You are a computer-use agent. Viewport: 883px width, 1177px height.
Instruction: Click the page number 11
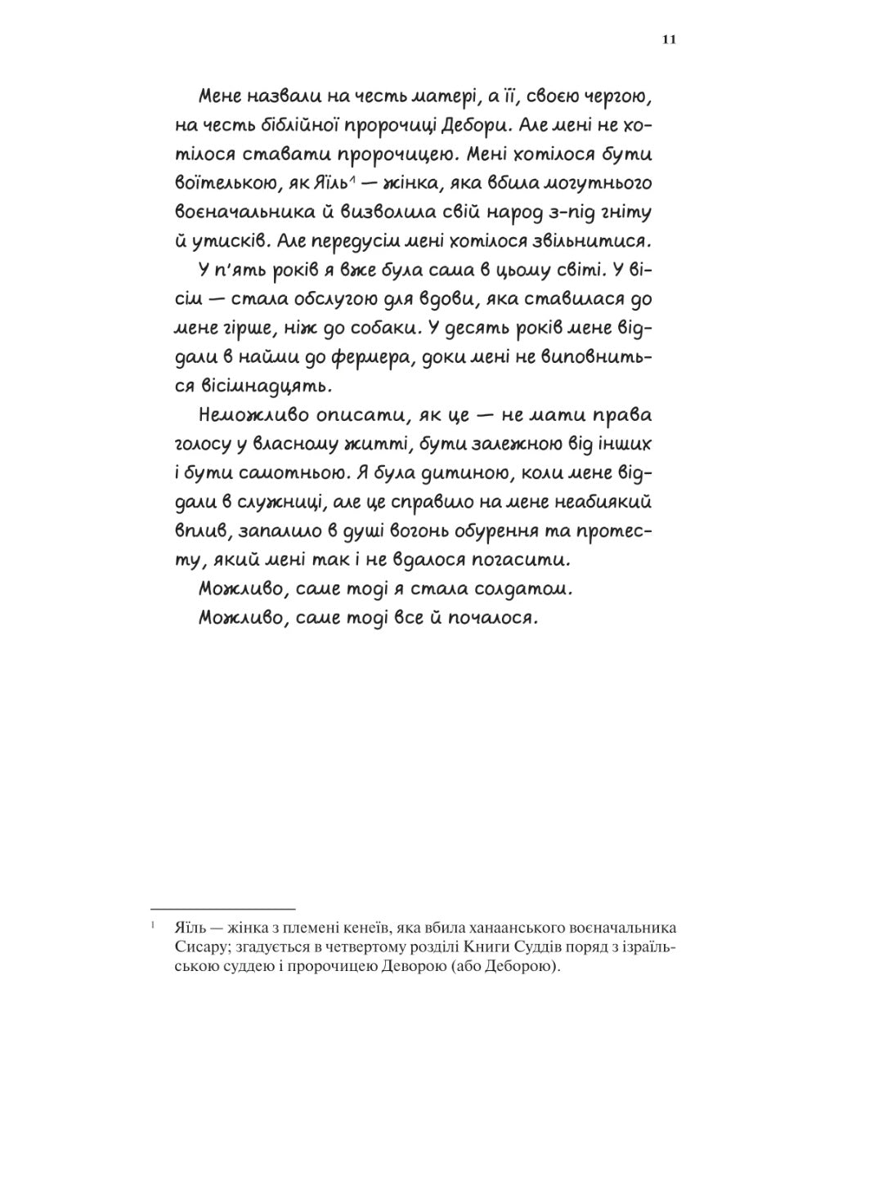(669, 39)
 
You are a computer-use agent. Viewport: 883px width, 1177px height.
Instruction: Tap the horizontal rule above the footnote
(222, 909)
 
